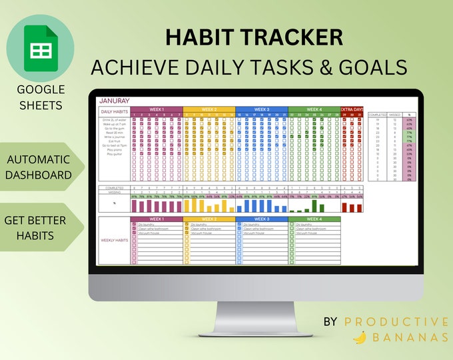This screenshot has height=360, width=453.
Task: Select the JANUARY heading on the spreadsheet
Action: click(115, 101)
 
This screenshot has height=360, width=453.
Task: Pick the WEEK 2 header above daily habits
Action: click(209, 109)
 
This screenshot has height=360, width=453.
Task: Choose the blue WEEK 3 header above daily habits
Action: click(261, 109)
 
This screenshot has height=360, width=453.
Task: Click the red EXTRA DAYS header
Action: click(352, 109)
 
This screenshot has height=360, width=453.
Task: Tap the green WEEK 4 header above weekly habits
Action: click(314, 219)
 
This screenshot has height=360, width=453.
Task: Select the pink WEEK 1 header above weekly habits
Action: click(157, 219)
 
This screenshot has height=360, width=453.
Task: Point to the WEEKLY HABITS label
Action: click(115, 240)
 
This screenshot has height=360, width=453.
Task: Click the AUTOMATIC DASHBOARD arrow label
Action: click(39, 167)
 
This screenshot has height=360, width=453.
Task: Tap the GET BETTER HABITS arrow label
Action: click(39, 227)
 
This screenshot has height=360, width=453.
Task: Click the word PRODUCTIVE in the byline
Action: click(396, 322)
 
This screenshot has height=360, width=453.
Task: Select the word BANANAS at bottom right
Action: click(409, 338)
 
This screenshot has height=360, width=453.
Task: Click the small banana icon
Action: click(359, 338)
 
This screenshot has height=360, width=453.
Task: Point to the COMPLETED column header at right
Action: click(377, 115)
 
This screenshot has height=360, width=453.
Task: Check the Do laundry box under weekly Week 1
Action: click(134, 224)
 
